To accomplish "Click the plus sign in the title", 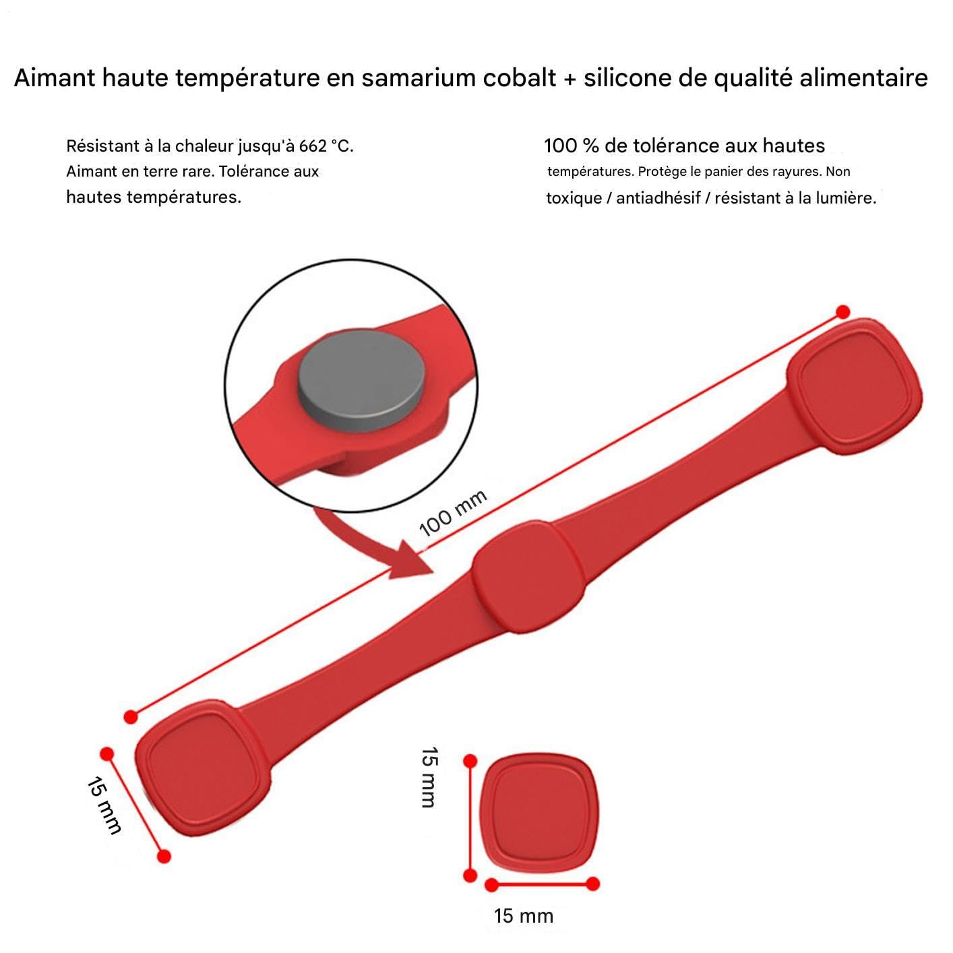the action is (x=570, y=79).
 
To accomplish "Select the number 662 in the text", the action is (x=313, y=146).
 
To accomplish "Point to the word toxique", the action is (x=574, y=198).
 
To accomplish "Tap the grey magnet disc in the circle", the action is (x=361, y=381).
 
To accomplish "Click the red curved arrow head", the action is (x=410, y=560).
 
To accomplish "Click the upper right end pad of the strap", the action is (x=854, y=386).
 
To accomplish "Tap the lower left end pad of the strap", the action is (x=203, y=768).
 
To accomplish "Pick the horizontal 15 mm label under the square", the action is (x=523, y=917).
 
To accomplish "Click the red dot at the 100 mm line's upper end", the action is (x=842, y=312).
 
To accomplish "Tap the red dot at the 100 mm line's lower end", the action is (x=131, y=717).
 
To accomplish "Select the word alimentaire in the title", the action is (x=863, y=78).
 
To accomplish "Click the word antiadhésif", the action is (x=658, y=198).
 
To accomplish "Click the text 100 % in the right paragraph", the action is (x=572, y=146).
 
